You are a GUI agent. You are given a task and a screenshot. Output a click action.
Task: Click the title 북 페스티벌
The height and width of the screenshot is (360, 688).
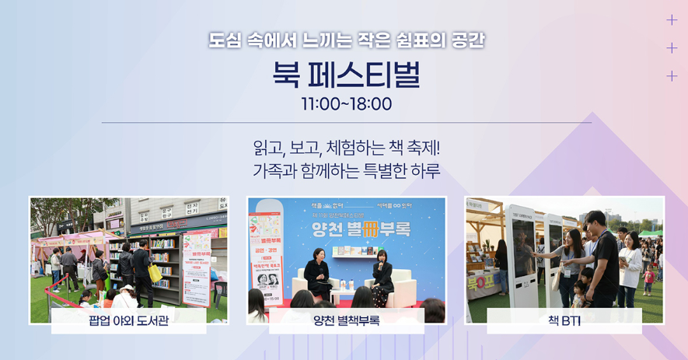pos(346,75)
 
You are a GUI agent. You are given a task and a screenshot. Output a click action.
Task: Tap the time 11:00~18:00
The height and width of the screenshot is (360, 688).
pos(346,104)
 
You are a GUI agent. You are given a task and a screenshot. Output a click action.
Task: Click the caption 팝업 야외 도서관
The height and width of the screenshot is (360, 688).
pos(128,321)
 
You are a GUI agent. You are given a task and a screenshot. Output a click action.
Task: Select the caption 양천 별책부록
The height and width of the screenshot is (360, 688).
pos(346,321)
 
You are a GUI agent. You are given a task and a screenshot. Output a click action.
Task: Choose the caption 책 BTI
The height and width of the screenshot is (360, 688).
pos(564,321)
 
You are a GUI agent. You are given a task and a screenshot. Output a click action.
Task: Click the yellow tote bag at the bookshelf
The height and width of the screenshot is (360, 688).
pos(155,273)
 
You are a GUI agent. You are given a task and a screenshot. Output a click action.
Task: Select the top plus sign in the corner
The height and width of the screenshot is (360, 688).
pos(672,20)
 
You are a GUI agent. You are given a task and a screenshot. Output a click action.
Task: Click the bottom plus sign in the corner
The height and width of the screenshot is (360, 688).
pos(672,75)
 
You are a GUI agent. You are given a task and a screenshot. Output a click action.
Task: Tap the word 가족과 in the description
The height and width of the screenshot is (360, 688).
pos(271,170)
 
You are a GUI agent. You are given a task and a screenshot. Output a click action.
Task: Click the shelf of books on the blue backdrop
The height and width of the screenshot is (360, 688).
pos(347,252)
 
